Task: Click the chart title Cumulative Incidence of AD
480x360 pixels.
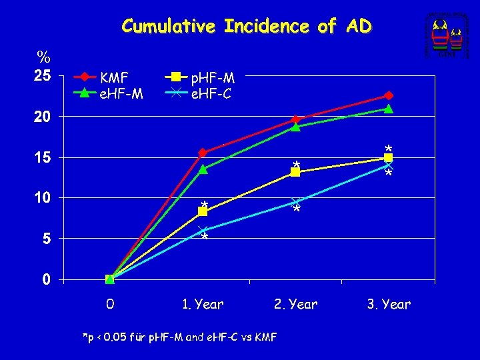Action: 246,27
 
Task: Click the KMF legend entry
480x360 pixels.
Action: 115,79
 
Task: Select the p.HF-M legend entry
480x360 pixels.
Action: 213,79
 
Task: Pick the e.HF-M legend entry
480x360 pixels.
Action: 121,93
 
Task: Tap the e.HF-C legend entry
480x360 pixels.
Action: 211,93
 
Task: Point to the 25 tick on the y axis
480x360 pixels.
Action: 42,75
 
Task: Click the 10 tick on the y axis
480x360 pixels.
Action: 42,197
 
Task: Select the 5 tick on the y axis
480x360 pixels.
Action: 45,238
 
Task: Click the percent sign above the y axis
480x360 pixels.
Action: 45,55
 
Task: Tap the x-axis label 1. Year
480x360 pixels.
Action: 203,305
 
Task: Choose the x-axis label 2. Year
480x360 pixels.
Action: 295,305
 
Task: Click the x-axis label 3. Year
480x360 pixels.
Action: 389,305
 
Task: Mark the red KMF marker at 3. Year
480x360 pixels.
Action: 389,96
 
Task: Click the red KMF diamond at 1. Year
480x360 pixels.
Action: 203,153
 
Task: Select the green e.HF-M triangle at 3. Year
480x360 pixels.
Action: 389,109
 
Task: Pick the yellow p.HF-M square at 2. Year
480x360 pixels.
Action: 295,172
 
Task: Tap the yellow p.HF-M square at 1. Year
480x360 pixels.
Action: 203,211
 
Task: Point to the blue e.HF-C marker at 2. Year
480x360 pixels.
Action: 295,202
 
